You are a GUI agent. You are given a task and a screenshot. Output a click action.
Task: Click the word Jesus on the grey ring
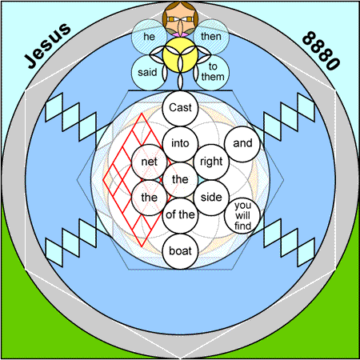pyautogui.click(x=47, y=46)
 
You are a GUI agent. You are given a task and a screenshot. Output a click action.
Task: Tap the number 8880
pyautogui.click(x=322, y=50)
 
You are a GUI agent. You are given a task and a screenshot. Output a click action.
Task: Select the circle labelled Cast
pyautogui.click(x=180, y=108)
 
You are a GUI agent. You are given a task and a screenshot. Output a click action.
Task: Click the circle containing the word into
pyautogui.click(x=180, y=144)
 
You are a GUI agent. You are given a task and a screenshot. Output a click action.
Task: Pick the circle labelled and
pyautogui.click(x=242, y=144)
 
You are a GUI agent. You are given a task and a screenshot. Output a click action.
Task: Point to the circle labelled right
pyautogui.click(x=211, y=162)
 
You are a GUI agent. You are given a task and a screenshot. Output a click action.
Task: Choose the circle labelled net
pyautogui.click(x=150, y=162)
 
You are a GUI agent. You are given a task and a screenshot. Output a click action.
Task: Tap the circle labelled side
pyautogui.click(x=211, y=198)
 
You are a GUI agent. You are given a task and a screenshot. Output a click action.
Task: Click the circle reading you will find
pyautogui.click(x=242, y=215)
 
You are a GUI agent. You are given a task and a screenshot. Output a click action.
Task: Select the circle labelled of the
pyautogui.click(x=180, y=215)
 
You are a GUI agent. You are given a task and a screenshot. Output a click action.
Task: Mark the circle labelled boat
pyautogui.click(x=180, y=251)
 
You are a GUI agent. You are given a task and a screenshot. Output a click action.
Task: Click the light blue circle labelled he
pyautogui.click(x=149, y=37)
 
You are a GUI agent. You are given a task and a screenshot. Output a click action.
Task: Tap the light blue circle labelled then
pyautogui.click(x=211, y=37)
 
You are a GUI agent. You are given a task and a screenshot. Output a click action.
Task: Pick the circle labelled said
pyautogui.click(x=147, y=73)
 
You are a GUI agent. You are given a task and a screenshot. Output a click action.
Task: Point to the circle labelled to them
pyautogui.click(x=213, y=73)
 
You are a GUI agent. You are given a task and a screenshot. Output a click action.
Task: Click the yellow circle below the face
pyautogui.click(x=180, y=54)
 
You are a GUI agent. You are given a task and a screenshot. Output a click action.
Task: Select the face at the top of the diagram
pyautogui.click(x=180, y=18)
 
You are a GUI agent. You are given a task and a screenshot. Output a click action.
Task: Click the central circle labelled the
pyautogui.click(x=180, y=180)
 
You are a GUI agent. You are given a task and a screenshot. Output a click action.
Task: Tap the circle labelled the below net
pyautogui.click(x=150, y=198)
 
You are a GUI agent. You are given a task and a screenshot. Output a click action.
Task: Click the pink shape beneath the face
pyautogui.click(x=180, y=34)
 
